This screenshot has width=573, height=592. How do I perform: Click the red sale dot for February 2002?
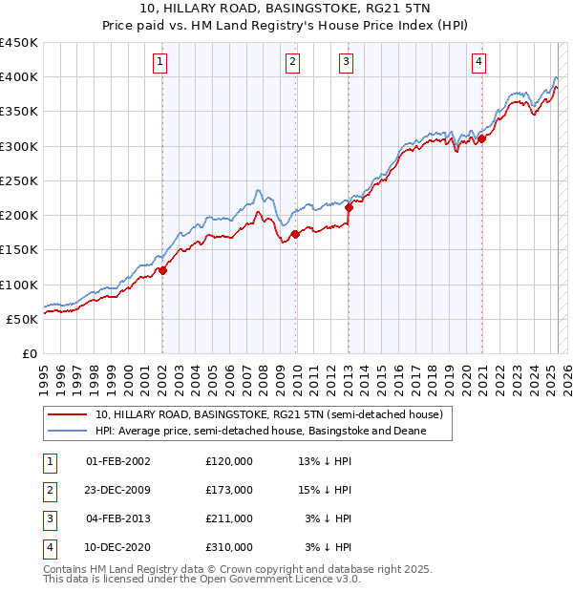point(162,270)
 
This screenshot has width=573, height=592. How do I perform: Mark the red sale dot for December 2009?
point(295,234)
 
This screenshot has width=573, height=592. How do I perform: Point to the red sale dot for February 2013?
point(349,207)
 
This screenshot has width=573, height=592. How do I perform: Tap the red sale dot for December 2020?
point(482,138)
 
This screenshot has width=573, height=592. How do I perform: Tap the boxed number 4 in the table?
point(47,547)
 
